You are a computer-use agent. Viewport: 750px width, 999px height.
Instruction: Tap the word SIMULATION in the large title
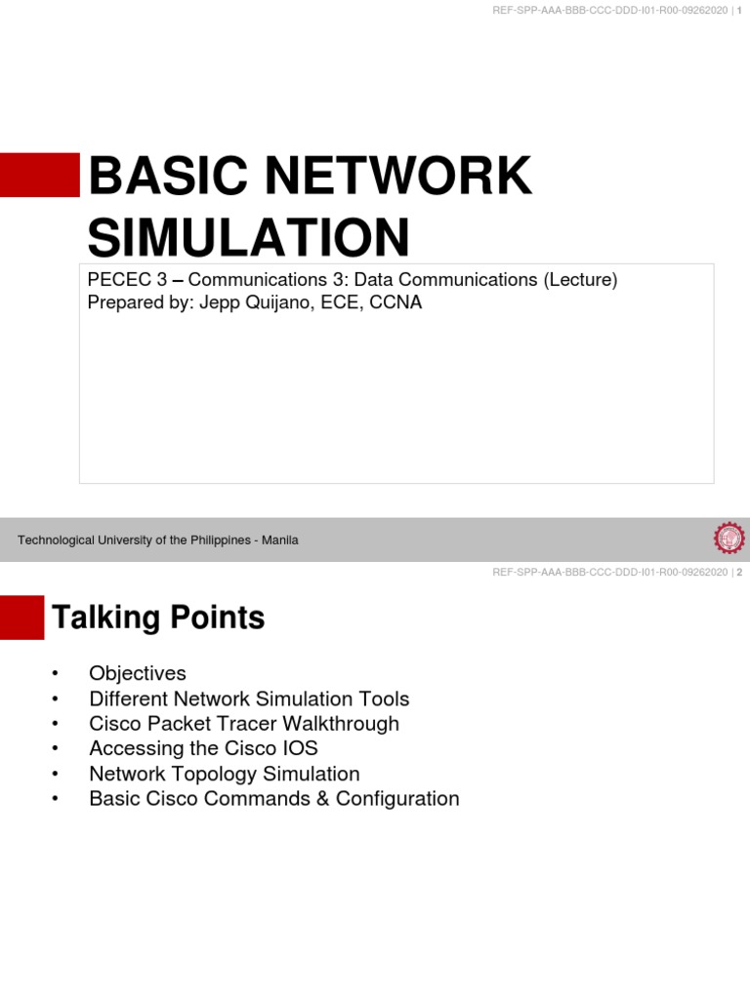pos(249,238)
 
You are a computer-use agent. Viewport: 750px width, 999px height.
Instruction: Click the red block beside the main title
pos(39,176)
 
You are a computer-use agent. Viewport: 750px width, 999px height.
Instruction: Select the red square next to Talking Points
pos(21,618)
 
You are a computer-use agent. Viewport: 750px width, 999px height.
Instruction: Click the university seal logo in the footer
pos(729,539)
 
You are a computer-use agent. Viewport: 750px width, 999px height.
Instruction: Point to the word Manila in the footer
pos(279,540)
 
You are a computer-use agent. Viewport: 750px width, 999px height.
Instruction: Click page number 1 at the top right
pos(739,10)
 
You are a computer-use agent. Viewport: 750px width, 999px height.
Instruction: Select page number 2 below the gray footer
pos(739,573)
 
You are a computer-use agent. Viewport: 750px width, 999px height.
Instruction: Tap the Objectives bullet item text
pos(137,673)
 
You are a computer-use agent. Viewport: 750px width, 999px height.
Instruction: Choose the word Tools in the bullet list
pos(384,699)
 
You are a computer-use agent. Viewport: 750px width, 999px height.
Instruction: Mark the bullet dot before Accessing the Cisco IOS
pos(57,749)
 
